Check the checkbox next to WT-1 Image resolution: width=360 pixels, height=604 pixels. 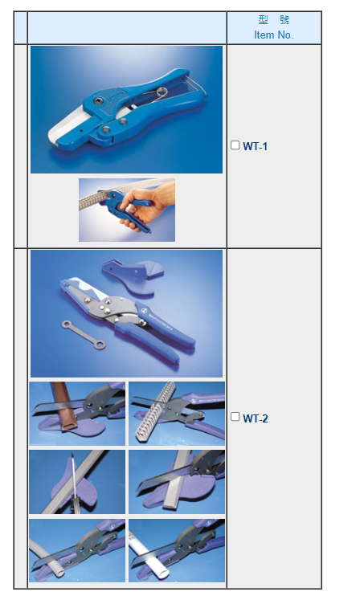tap(235, 145)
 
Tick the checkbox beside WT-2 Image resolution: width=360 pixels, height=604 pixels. tap(235, 417)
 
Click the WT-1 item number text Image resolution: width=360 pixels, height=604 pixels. tap(256, 146)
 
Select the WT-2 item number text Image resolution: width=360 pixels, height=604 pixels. tap(256, 418)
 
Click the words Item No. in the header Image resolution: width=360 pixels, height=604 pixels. tap(274, 35)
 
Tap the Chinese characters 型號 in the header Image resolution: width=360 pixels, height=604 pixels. tap(274, 19)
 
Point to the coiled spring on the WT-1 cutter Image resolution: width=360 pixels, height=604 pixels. tap(159, 92)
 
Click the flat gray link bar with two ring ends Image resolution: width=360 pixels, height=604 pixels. tap(84, 334)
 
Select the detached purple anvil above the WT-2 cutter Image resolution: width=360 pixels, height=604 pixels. tap(133, 275)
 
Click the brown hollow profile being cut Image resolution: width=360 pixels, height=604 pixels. tap(67, 407)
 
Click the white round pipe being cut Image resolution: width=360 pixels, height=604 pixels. tap(150, 553)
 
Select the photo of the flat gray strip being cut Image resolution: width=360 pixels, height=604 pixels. tap(177, 482)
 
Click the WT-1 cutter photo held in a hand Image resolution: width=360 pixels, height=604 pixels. tap(127, 210)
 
